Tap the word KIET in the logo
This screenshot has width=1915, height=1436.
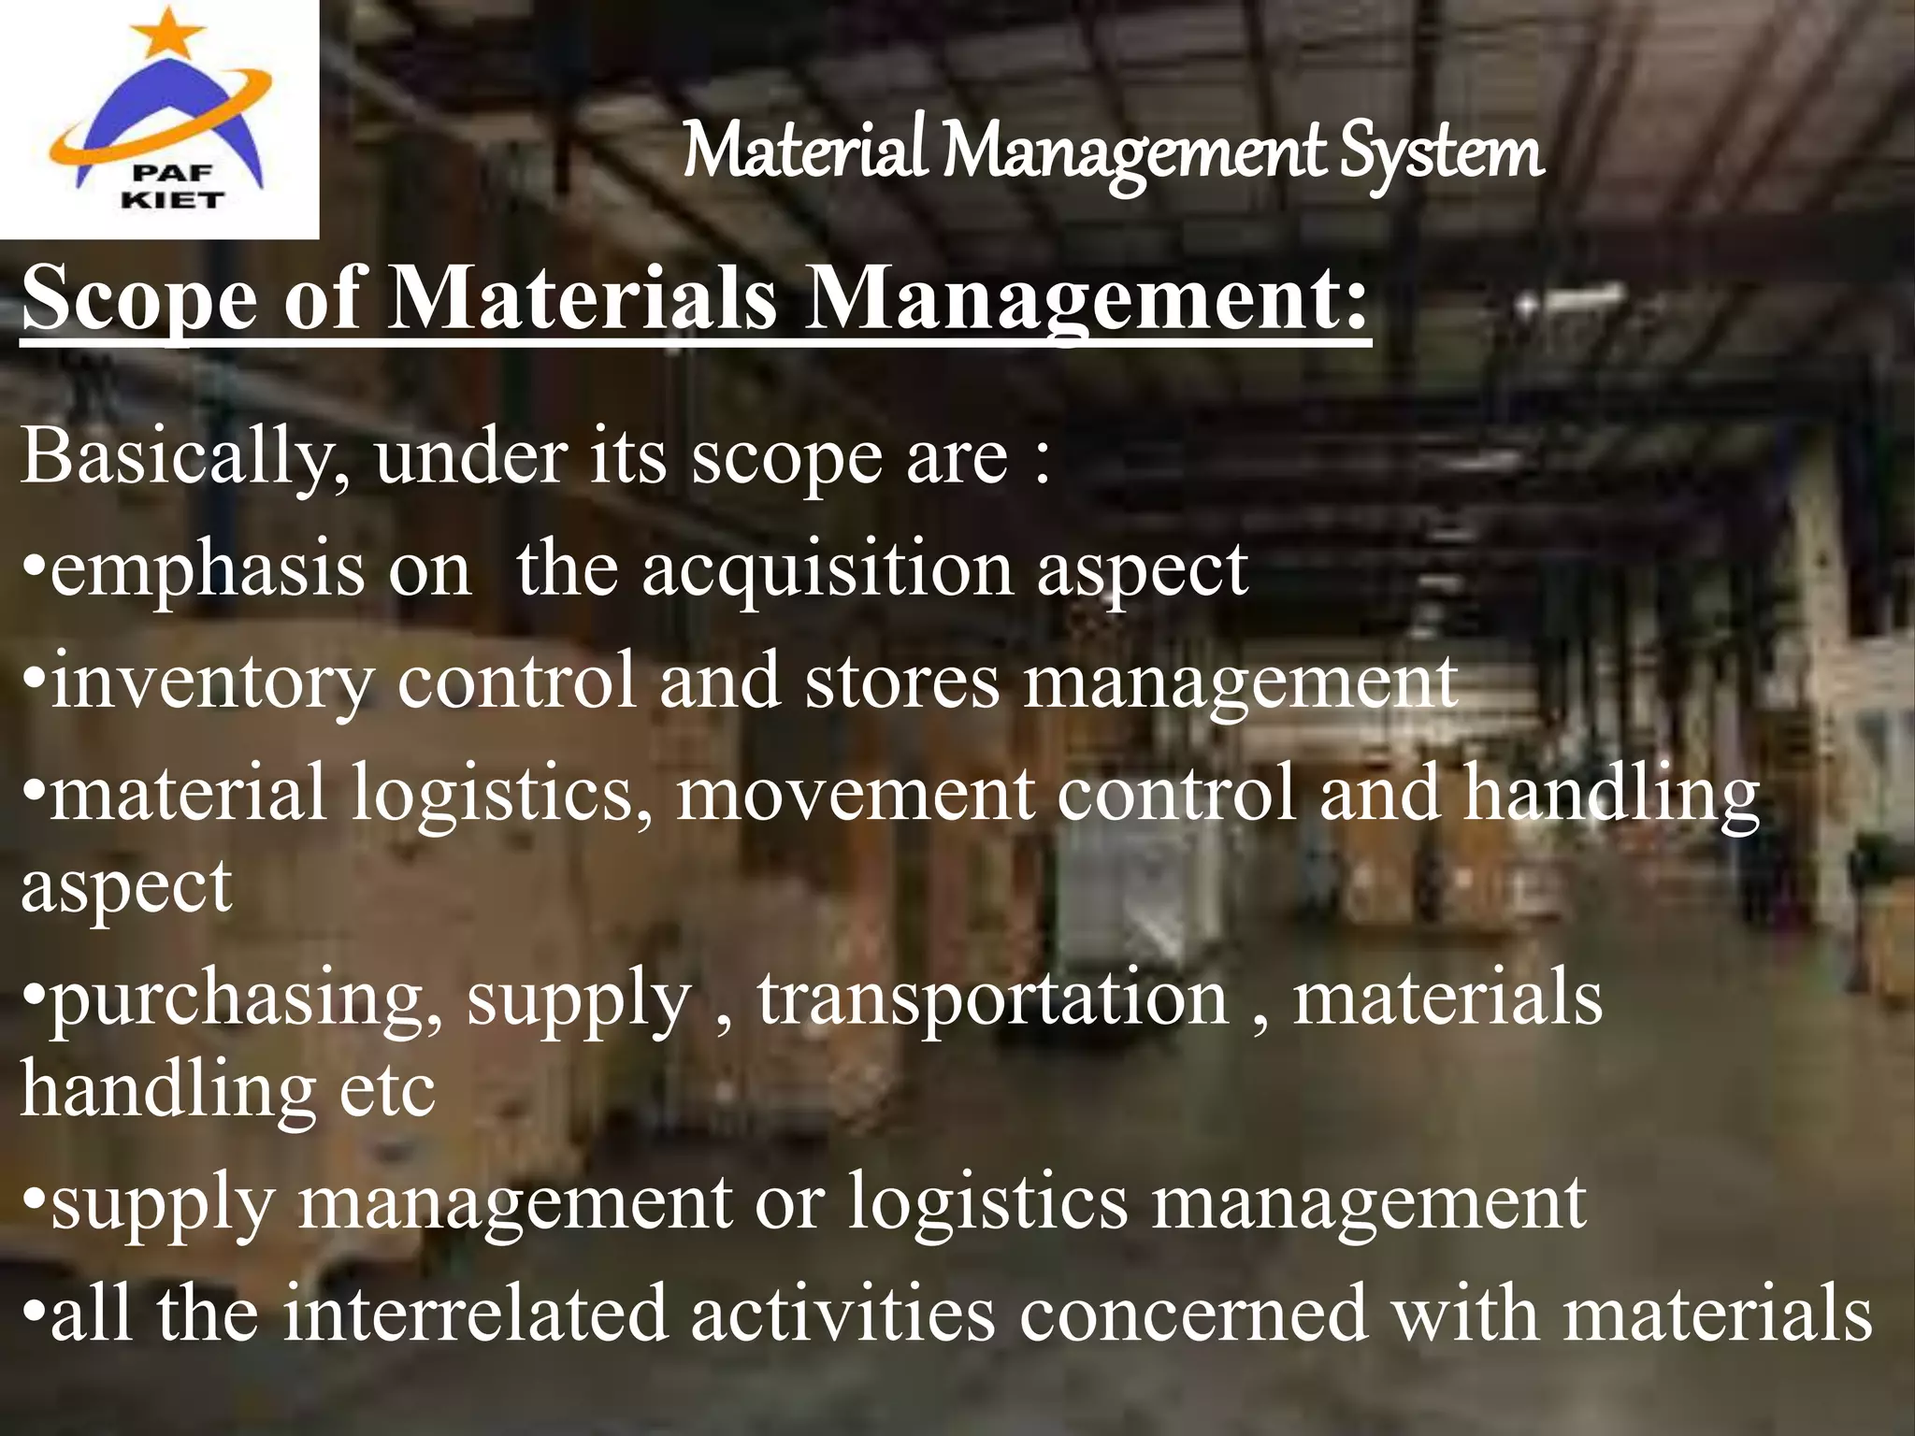click(x=173, y=200)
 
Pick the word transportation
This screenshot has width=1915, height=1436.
click(x=992, y=998)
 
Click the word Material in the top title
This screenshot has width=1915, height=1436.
click(x=804, y=152)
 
